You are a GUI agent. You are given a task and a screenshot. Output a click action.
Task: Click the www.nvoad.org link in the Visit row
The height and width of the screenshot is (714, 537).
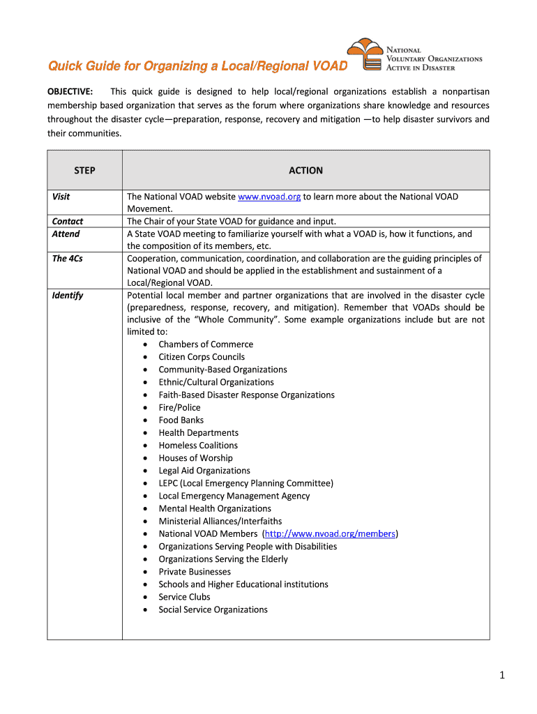pos(269,197)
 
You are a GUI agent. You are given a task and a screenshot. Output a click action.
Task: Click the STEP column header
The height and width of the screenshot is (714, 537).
pos(84,170)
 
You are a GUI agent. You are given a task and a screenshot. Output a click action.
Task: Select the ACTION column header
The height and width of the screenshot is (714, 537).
pos(305,170)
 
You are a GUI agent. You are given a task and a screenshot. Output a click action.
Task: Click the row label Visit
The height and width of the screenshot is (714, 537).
pos(61,197)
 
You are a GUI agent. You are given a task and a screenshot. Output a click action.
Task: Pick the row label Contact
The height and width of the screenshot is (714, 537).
pos(68,222)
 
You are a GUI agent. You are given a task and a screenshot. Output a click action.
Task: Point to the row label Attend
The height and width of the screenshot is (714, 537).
pos(66,234)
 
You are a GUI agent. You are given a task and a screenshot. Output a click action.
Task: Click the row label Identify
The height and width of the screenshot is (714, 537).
pos(68,296)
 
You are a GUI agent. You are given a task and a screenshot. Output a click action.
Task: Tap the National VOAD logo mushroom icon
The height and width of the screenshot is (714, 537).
pos(365,54)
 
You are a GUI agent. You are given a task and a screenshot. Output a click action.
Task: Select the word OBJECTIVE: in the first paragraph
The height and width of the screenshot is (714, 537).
pos(70,92)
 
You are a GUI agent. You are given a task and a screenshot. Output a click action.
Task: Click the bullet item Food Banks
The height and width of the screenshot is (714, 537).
pos(181,420)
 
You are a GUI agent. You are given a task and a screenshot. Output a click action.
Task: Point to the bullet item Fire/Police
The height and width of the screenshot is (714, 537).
pos(179,408)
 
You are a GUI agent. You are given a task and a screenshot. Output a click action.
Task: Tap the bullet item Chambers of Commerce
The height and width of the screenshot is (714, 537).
pos(206,344)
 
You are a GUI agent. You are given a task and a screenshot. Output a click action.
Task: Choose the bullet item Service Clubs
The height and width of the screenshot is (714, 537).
pos(184,598)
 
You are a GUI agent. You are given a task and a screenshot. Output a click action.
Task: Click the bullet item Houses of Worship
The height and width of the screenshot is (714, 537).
pos(195,458)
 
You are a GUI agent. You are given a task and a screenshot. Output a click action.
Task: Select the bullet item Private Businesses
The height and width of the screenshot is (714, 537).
pos(195,572)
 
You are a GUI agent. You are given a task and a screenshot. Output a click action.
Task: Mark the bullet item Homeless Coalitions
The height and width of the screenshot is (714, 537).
pos(198,446)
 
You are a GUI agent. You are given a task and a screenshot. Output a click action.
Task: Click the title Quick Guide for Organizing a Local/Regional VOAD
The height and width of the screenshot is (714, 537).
pos(197,67)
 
